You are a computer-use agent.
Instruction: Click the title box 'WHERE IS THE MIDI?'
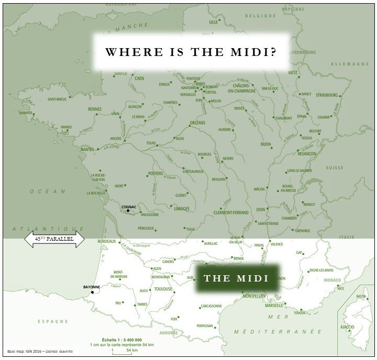pos(191,52)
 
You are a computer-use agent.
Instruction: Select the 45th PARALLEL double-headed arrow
pos(54,240)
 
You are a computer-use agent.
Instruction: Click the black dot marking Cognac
pos(128,210)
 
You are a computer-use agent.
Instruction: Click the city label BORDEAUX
pos(106,241)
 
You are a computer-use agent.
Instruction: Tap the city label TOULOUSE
pos(163,289)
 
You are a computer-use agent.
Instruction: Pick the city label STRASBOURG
pos(326,95)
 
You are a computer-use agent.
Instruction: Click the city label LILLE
pos(213,22)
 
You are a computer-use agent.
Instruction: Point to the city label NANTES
pos(87,150)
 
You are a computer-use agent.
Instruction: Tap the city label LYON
pos(261,209)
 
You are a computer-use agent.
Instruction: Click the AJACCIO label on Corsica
pos(347,327)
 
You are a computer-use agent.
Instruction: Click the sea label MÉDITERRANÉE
pos(278,332)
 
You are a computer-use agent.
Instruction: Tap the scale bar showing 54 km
pos(121,350)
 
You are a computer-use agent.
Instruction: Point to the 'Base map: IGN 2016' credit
pos(40,351)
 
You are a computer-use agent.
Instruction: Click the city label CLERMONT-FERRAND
pos(231,212)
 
